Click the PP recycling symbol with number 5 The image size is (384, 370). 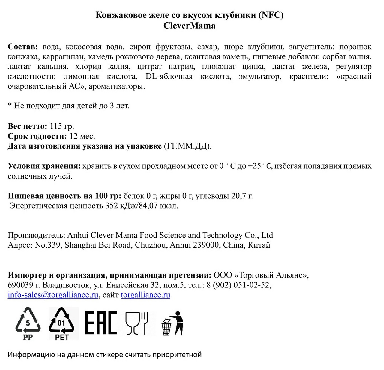pos(28,323)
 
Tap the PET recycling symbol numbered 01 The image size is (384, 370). pos(61,323)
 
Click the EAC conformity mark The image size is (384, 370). pos(101,323)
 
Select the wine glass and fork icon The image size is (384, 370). pos(137,323)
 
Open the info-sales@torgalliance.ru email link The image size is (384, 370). pos(53,295)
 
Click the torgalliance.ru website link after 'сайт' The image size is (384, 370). pos(145,295)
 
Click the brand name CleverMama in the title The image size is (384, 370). pos(189,26)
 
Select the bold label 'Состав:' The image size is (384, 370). pos(23,47)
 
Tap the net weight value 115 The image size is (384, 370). pos(56,126)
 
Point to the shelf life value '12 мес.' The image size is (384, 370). pos(82,136)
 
